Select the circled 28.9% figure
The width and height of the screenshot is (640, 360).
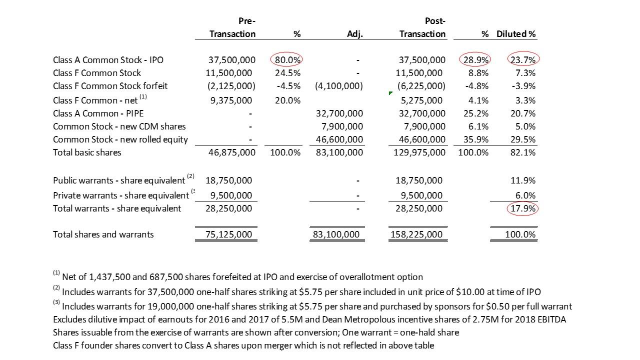click(x=474, y=60)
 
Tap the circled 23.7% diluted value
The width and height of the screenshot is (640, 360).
click(x=523, y=60)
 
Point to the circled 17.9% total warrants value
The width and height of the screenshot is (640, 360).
click(x=523, y=208)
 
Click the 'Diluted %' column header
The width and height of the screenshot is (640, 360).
click(x=516, y=34)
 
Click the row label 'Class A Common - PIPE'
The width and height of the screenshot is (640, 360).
click(x=98, y=113)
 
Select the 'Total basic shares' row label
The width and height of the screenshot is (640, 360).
click(x=87, y=152)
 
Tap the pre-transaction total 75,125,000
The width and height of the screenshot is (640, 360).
click(x=228, y=234)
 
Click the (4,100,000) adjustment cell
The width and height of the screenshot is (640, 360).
click(x=338, y=86)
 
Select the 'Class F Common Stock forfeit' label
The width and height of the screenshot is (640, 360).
click(x=110, y=86)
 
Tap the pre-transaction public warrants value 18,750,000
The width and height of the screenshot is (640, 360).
click(x=228, y=180)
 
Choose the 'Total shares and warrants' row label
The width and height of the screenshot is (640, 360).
click(x=103, y=234)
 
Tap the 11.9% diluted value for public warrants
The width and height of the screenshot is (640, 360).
click(x=525, y=180)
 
